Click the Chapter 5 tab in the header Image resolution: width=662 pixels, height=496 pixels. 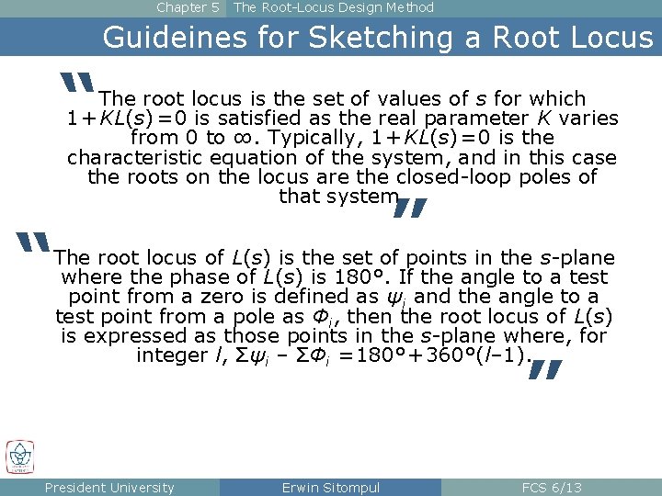(x=188, y=8)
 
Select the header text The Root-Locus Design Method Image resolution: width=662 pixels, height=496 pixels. (x=334, y=8)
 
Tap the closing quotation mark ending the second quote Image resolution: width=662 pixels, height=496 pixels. (x=544, y=370)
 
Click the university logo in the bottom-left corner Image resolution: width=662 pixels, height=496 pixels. (x=19, y=457)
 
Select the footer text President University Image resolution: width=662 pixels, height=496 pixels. (x=109, y=488)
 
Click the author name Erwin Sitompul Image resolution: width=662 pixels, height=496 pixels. (x=330, y=488)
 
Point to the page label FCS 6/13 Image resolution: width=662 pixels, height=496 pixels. (x=551, y=488)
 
